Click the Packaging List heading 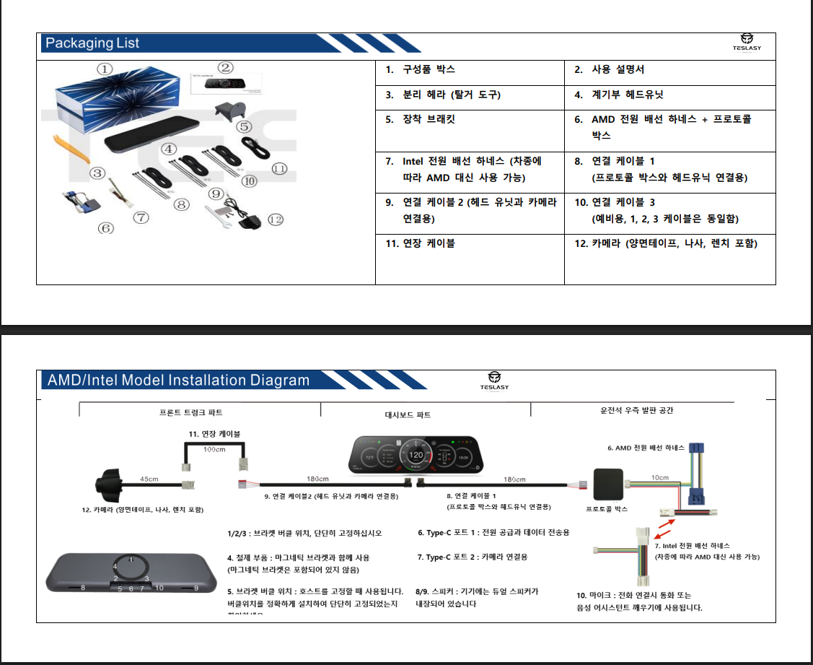coord(92,43)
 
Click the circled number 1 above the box coord(105,69)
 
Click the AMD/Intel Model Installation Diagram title coord(177,381)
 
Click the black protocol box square coord(607,484)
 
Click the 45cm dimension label coord(149,479)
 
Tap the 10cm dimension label coord(659,477)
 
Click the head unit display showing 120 coord(416,456)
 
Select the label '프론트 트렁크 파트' coord(191,412)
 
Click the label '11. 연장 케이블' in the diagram coord(214,433)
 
